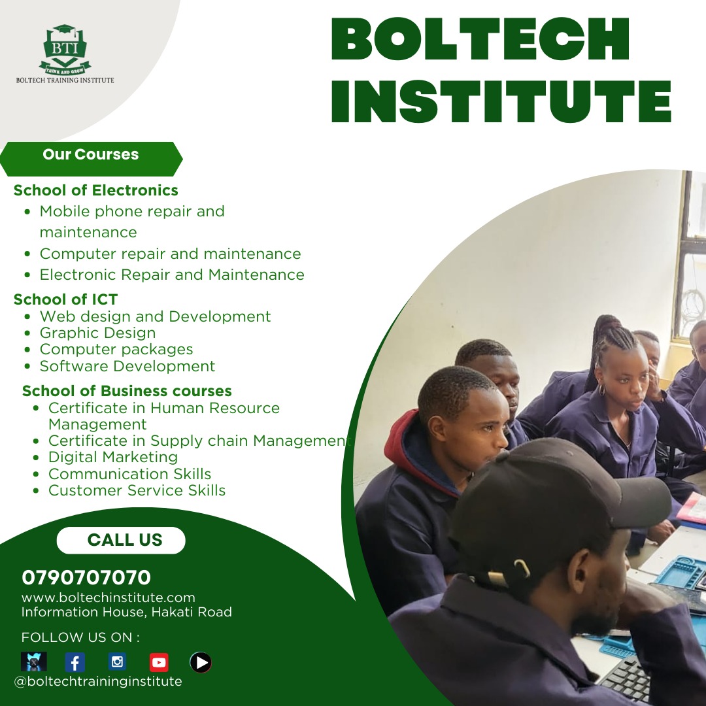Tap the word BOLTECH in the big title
coord(480,41)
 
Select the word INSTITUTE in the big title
coord(501,101)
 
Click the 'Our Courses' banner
coord(91,155)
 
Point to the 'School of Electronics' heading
coord(95,190)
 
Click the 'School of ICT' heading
coord(65,299)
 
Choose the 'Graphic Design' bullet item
coord(97,333)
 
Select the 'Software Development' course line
coord(127,366)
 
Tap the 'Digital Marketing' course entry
coord(112,457)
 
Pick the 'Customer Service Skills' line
coord(137,490)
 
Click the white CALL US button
coord(122,540)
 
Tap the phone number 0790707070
coord(86,578)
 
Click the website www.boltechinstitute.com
coord(109,597)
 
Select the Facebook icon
coord(75,663)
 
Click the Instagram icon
coord(117,662)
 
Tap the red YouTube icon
coord(159,663)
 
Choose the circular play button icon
coord(201,663)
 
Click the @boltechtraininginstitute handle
coord(98,681)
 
